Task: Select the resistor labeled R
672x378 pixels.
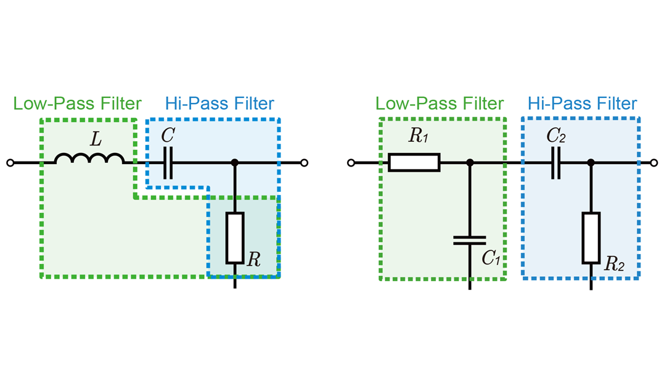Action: (x=235, y=237)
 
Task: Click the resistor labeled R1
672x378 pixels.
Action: (x=414, y=163)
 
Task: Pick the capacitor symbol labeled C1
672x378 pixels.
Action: (x=470, y=240)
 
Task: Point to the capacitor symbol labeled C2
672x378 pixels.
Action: (x=556, y=163)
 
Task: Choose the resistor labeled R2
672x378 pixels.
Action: (x=591, y=237)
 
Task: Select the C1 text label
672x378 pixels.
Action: (x=491, y=258)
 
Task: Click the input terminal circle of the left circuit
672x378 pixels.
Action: (x=10, y=163)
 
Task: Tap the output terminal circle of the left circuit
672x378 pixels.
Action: (x=304, y=163)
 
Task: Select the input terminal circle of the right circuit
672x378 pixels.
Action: (x=351, y=163)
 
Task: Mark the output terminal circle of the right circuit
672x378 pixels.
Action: (x=655, y=163)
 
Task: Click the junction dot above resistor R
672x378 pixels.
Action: (x=235, y=163)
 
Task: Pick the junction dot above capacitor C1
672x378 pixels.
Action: (x=470, y=163)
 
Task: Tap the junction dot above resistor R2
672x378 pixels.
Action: (x=591, y=163)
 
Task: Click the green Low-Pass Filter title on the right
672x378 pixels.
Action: (x=439, y=104)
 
